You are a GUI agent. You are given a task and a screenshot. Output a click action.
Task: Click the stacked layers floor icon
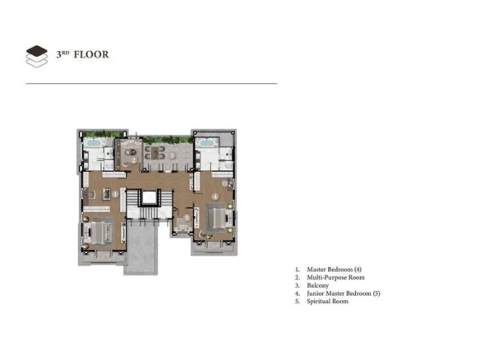point(37,57)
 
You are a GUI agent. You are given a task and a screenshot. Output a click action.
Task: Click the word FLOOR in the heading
point(91,54)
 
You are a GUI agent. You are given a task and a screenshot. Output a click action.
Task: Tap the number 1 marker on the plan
point(115,194)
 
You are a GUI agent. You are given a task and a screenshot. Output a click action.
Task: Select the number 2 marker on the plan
point(134,159)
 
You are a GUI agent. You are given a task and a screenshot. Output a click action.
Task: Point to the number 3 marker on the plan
point(173,155)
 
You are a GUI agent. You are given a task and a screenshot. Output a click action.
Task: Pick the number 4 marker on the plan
point(215,196)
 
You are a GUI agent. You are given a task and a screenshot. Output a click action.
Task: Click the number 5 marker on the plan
point(187,219)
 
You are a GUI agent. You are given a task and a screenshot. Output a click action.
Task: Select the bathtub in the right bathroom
point(205,143)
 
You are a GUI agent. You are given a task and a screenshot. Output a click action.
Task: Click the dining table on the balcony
point(155,153)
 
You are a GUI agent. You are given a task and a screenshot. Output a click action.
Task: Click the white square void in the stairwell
point(150,197)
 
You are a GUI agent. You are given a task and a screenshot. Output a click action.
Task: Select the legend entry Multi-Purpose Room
point(335,278)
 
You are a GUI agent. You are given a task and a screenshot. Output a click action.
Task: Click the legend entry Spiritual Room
point(327,301)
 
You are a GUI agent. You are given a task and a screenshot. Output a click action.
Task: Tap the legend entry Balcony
point(318,285)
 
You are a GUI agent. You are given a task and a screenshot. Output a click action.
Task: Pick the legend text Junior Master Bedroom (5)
point(344,293)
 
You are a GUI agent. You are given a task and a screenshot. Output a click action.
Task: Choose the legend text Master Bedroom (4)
point(334,270)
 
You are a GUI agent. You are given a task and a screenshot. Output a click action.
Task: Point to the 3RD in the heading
point(62,54)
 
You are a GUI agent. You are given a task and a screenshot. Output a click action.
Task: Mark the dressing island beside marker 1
point(107,194)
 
